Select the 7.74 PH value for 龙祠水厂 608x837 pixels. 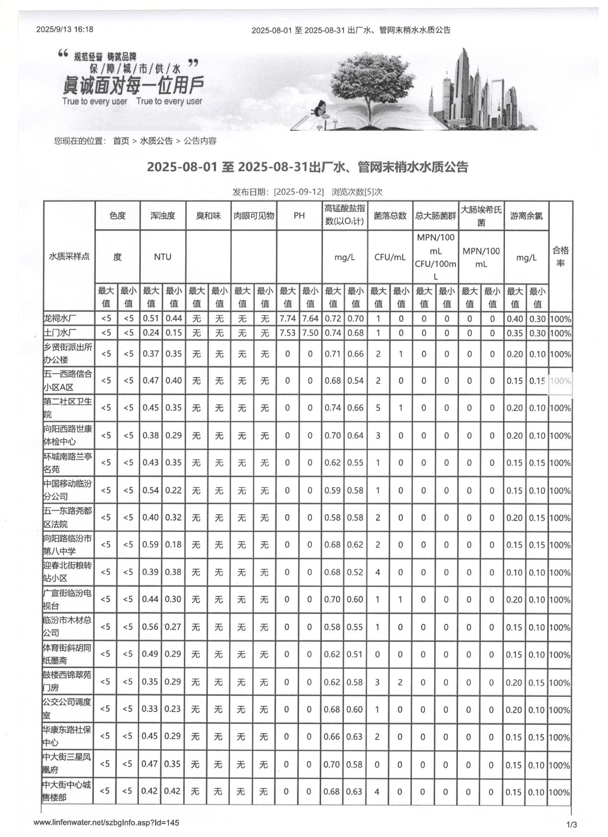288,319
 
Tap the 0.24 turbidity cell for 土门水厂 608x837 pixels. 151,333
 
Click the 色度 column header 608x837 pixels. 118,216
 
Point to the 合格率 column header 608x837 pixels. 560,257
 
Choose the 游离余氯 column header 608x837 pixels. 526,216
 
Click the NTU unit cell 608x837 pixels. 163,257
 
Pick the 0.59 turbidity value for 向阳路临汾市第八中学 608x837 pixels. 151,545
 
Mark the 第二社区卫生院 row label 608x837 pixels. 67,408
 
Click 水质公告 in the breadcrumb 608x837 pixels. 156,141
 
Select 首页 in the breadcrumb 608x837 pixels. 121,141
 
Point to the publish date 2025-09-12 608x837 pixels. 299,192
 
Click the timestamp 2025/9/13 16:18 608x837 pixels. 64,29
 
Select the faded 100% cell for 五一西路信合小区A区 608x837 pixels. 560,381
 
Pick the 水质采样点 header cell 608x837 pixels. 69,257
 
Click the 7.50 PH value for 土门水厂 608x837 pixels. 310,333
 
